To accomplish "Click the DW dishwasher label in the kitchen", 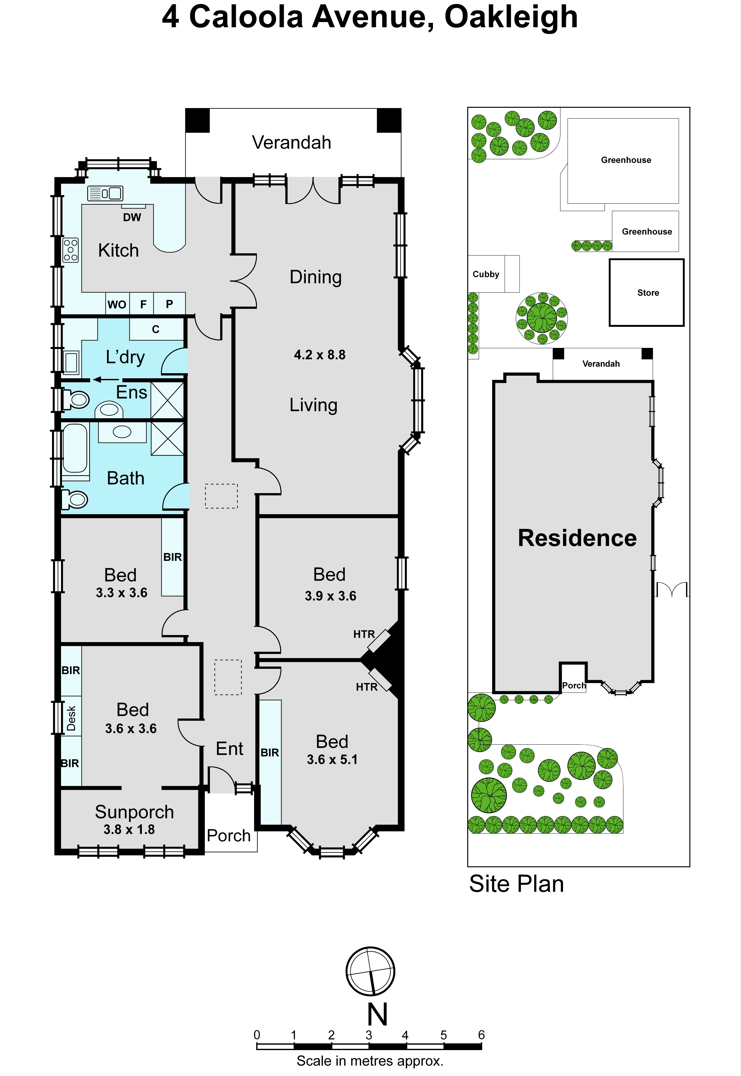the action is [x=132, y=217].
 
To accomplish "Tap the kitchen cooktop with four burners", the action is [x=71, y=250].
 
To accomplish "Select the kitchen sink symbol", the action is [x=105, y=193].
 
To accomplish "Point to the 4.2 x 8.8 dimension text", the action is [x=320, y=355].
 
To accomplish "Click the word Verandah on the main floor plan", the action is [x=291, y=142].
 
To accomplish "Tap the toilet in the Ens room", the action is [x=75, y=399].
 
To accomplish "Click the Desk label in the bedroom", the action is [x=71, y=718].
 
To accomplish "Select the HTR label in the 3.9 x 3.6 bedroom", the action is [x=364, y=634].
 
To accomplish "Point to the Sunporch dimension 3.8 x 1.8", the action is [x=129, y=829].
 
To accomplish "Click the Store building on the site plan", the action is [x=646, y=293].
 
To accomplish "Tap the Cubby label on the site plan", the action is [x=486, y=274].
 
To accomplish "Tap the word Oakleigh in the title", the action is [x=511, y=18].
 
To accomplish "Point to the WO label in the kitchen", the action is [x=117, y=304].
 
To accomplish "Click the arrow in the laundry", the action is [x=106, y=380].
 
